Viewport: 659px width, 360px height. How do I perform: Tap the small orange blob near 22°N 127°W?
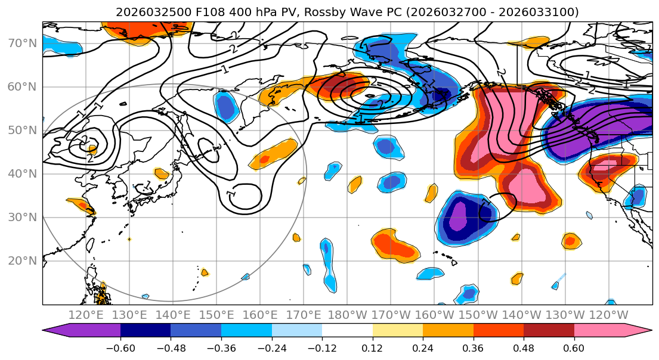[x=571, y=241]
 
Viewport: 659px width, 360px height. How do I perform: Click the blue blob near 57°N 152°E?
[x=227, y=106]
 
